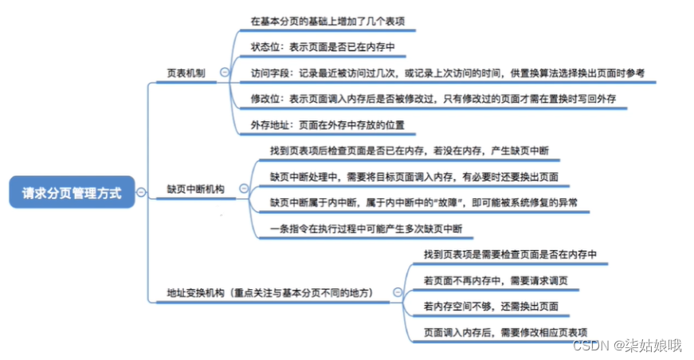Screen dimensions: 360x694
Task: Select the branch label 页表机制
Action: (x=186, y=72)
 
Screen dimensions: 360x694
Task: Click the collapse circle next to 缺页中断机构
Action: (x=243, y=189)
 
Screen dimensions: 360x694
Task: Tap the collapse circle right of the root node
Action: (x=141, y=192)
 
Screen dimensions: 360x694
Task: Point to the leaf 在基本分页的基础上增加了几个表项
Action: (x=332, y=21)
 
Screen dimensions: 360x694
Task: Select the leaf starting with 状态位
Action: (x=328, y=46)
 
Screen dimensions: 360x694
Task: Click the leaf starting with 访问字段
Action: (x=447, y=72)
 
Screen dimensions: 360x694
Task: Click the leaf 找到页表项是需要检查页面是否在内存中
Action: (x=510, y=254)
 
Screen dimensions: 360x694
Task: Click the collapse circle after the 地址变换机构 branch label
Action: (x=397, y=292)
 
